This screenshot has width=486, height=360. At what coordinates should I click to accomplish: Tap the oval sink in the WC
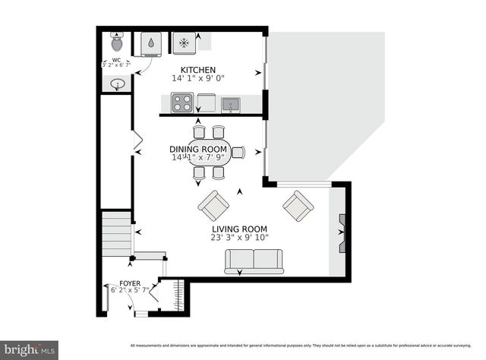(117, 85)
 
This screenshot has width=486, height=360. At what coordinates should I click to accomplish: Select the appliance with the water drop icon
(149, 44)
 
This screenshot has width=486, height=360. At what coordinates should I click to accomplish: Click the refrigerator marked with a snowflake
(183, 43)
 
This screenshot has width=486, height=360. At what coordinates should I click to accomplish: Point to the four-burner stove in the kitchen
(181, 102)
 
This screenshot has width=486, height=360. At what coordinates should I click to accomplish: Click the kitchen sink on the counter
(230, 103)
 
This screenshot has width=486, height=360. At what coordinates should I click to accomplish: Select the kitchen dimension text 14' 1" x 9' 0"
(197, 78)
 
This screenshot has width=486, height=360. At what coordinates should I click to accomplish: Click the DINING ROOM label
(198, 149)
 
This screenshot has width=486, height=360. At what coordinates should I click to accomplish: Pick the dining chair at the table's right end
(238, 152)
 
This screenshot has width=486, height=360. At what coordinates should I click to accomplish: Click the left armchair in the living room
(213, 204)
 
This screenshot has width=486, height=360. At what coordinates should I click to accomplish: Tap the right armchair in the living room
(298, 204)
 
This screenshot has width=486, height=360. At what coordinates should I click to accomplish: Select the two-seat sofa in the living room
(253, 261)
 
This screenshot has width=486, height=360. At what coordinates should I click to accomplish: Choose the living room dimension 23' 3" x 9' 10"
(241, 237)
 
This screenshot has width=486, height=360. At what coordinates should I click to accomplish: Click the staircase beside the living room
(117, 235)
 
